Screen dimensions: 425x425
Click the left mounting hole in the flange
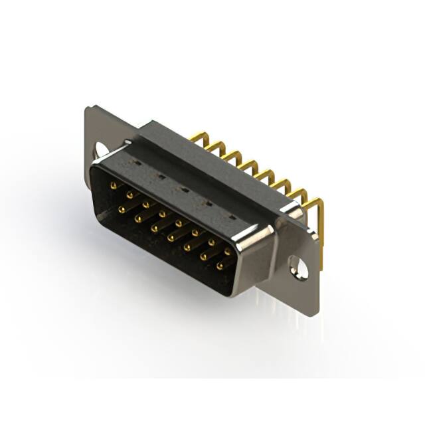(x=101, y=149)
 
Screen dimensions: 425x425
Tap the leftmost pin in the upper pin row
(x=113, y=185)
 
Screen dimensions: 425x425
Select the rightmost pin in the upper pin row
(x=228, y=252)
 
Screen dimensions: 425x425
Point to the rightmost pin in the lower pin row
(x=220, y=266)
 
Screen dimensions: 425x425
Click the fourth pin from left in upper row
(x=162, y=214)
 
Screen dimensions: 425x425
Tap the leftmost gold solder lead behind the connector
(x=196, y=138)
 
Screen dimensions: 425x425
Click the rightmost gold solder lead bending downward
(x=320, y=226)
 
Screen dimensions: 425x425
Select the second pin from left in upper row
(x=129, y=195)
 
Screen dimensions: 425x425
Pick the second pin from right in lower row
(x=203, y=256)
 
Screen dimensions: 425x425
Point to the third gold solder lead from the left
(x=230, y=157)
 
